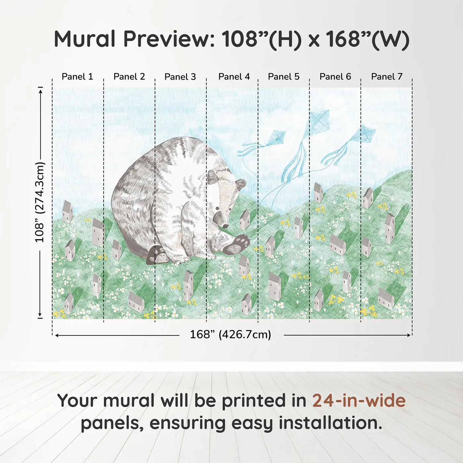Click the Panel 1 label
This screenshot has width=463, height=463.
tap(77, 77)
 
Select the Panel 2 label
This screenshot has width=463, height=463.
tap(129, 77)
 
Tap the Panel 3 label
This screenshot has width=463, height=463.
tap(180, 77)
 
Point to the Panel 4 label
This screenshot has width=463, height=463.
tap(234, 77)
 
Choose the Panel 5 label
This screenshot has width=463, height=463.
tap(284, 77)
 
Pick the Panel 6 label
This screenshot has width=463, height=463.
tap(335, 77)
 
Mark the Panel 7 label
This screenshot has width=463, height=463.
tap(387, 77)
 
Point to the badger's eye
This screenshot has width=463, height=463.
tap(217, 209)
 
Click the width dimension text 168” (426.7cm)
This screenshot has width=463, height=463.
tap(231, 335)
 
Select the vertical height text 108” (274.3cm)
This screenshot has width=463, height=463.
tap(40, 202)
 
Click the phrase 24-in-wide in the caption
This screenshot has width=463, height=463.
tap(359, 401)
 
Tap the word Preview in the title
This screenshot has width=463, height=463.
tap(169, 39)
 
